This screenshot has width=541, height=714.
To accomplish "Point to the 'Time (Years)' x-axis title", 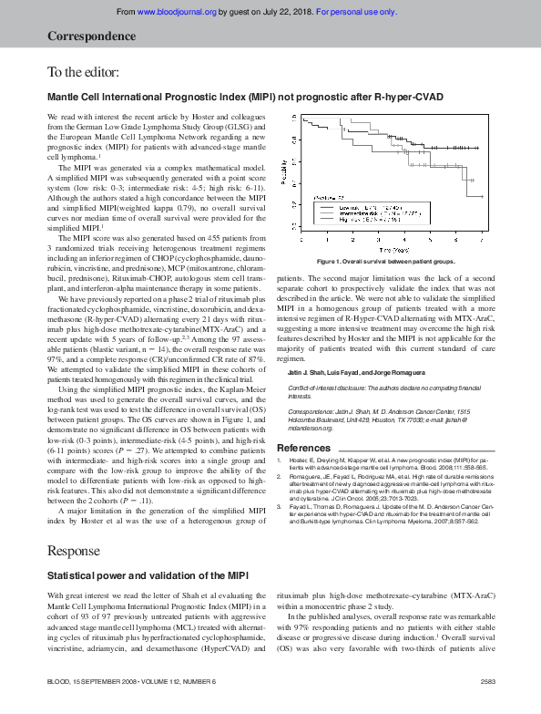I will pos(393,248).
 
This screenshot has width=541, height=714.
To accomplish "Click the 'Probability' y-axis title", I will pos(283,173).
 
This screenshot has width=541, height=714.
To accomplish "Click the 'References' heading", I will pos(303,448).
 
